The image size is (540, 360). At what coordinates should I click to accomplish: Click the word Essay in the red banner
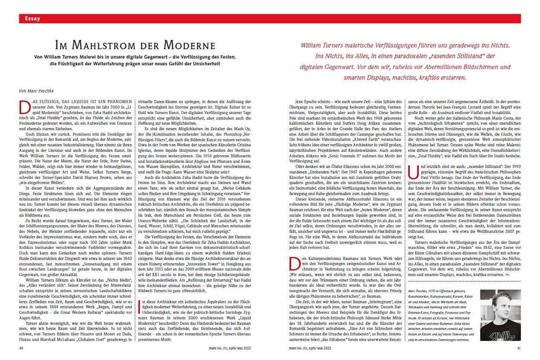click(32, 19)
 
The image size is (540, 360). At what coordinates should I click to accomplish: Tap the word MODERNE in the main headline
click(189, 46)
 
